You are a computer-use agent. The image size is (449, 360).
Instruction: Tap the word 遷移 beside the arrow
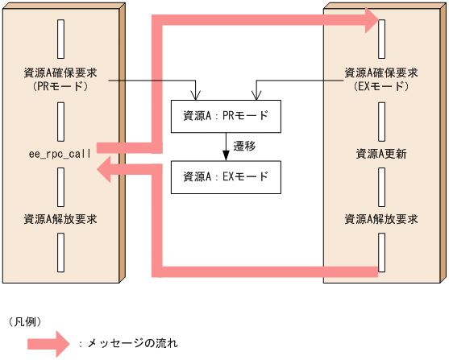(244, 147)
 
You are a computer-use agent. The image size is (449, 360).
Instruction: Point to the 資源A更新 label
(381, 152)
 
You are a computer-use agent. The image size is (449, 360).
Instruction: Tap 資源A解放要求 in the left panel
(60, 218)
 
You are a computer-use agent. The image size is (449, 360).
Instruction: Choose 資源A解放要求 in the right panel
(381, 218)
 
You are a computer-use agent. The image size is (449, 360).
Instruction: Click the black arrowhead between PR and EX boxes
(226, 155)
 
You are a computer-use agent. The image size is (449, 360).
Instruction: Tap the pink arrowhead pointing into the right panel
(372, 21)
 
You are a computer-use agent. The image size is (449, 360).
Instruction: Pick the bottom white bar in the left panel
(60, 252)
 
